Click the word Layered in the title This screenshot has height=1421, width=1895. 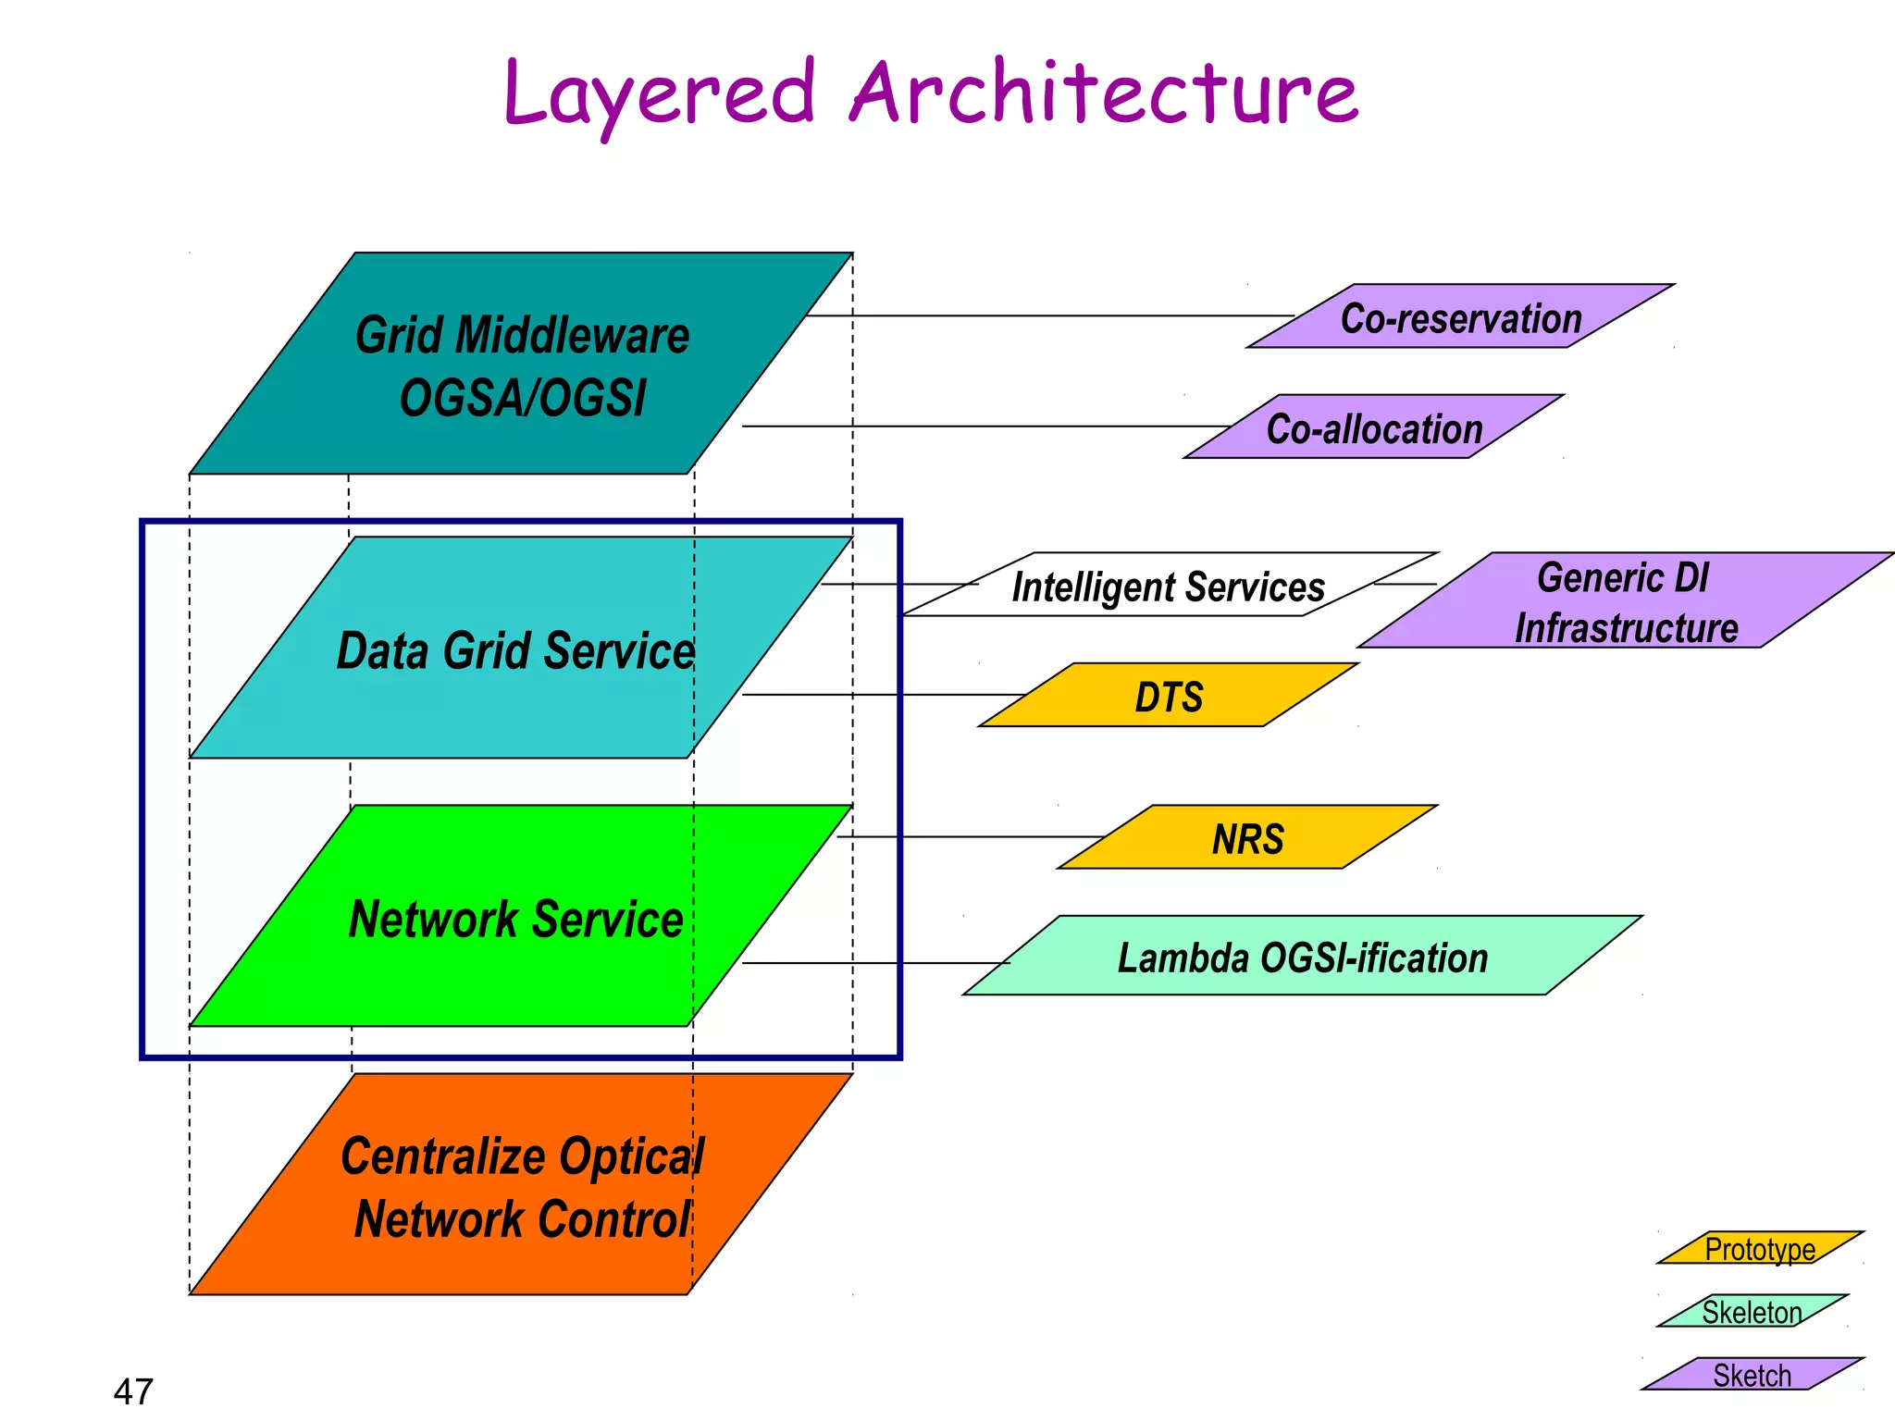click(x=659, y=94)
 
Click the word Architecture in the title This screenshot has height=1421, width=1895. click(x=1103, y=93)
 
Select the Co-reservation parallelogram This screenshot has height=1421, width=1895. click(x=1460, y=317)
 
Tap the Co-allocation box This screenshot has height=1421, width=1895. click(x=1373, y=428)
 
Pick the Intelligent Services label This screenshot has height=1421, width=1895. click(x=1168, y=587)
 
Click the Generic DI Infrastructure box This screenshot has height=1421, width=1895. click(x=1625, y=601)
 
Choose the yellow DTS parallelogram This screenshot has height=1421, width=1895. click(x=1168, y=696)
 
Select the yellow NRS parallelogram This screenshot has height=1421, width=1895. click(x=1247, y=838)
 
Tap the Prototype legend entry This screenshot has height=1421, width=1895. click(x=1759, y=1248)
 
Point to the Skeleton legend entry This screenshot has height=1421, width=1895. click(x=1751, y=1311)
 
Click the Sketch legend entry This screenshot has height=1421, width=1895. click(x=1751, y=1374)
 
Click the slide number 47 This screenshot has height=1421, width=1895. click(x=133, y=1390)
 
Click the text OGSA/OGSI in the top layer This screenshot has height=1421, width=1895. click(x=522, y=398)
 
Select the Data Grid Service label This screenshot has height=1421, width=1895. click(x=514, y=649)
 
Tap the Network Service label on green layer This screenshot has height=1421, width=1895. click(x=514, y=919)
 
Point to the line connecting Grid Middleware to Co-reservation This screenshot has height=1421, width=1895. click(x=1046, y=315)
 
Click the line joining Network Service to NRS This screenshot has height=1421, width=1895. click(x=972, y=836)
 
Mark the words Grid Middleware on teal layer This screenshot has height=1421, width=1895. click(x=522, y=335)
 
